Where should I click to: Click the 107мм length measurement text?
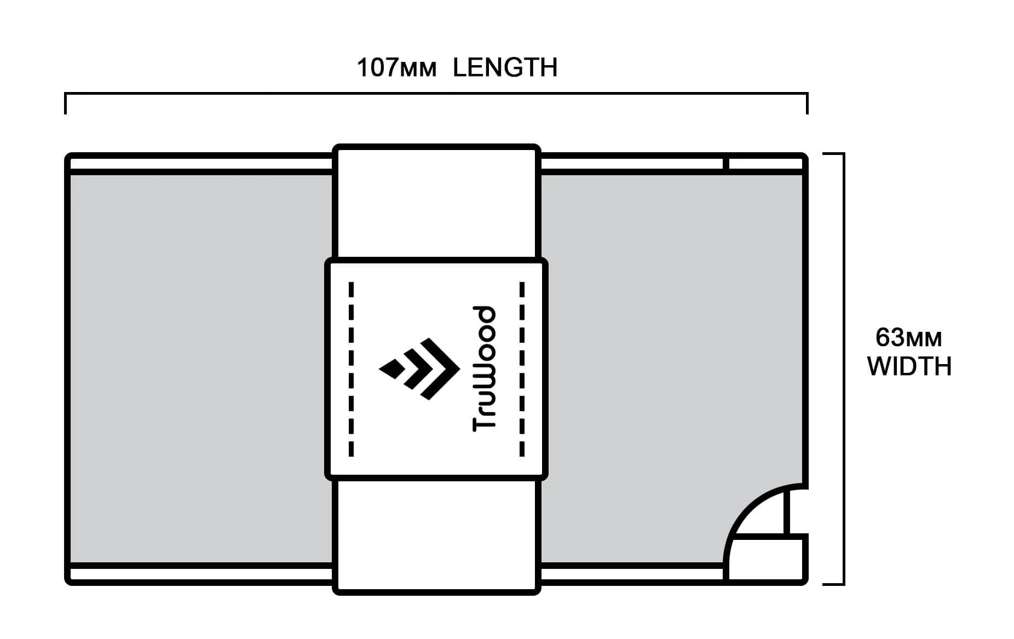[x=396, y=68]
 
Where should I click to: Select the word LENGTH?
[x=505, y=68]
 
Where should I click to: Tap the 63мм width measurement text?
[x=908, y=338]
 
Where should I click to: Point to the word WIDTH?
[x=909, y=366]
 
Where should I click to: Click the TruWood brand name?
[x=485, y=369]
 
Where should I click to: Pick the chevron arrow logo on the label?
[x=419, y=369]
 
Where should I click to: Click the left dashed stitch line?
[x=351, y=369]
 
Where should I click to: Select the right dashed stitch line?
[x=522, y=369]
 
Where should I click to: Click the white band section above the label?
[x=436, y=203]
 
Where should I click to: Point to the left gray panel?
[x=201, y=369]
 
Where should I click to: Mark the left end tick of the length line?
[x=66, y=103]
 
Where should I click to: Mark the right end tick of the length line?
[x=807, y=103]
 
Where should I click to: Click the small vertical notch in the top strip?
[x=726, y=164]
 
